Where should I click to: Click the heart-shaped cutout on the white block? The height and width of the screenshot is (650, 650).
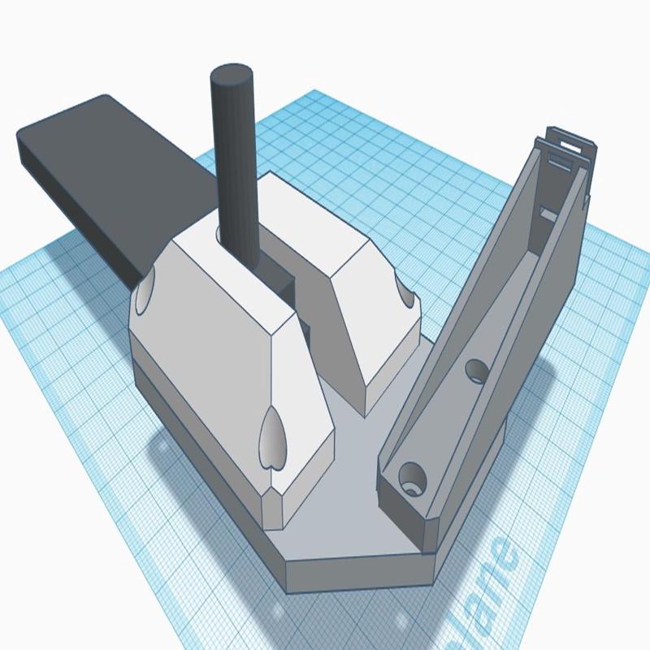click(274, 438)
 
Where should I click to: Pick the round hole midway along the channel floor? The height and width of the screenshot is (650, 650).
click(476, 370)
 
